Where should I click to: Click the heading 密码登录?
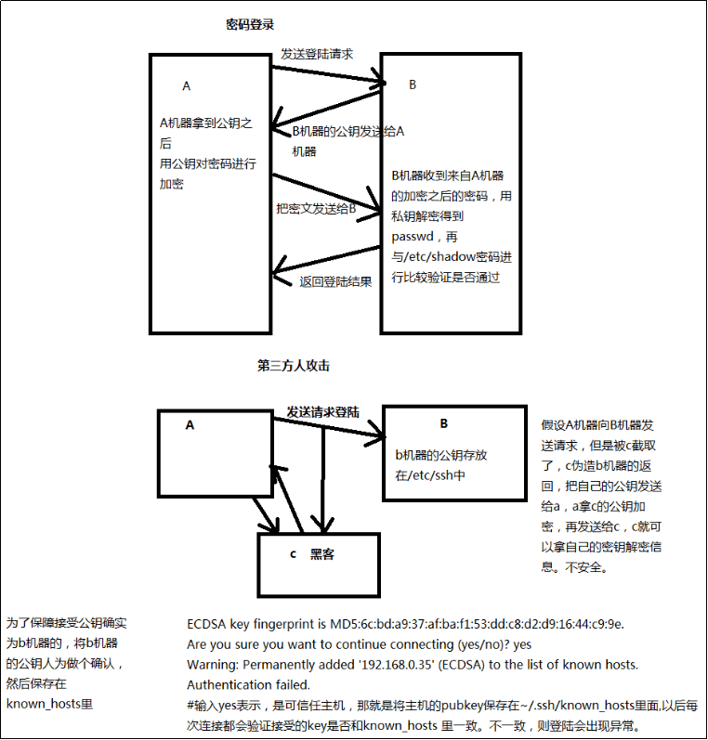[x=251, y=24]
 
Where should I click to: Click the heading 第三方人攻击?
[x=294, y=366]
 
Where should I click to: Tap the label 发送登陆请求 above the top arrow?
[x=317, y=55]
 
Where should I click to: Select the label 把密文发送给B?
[x=316, y=209]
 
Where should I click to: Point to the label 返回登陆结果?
[x=335, y=281]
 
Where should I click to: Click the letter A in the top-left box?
[x=186, y=86]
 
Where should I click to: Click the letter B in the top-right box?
[x=413, y=84]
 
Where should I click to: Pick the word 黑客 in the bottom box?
[x=322, y=554]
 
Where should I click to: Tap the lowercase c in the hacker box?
[x=293, y=554]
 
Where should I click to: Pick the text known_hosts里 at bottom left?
[x=49, y=704]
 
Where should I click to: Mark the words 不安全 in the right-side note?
[x=586, y=565]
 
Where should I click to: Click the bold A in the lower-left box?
[x=190, y=424]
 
